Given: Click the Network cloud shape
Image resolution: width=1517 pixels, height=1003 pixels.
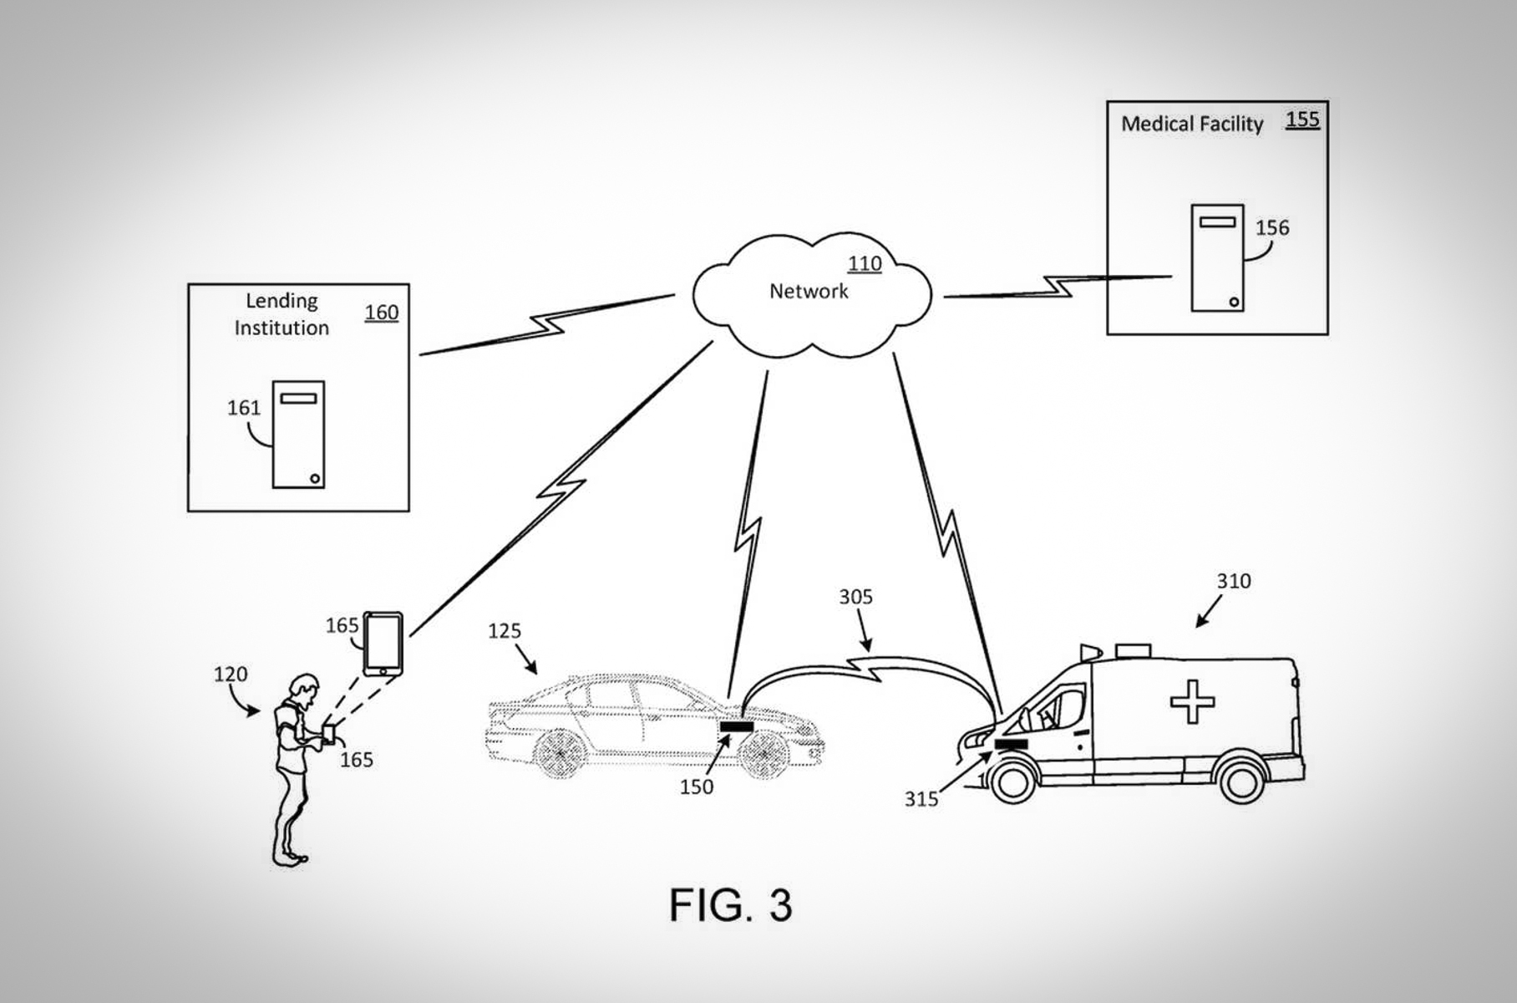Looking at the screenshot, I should [810, 293].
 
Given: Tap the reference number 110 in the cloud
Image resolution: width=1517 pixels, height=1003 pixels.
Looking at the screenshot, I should [865, 264].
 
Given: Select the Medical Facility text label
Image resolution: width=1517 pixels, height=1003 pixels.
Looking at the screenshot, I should [1191, 125].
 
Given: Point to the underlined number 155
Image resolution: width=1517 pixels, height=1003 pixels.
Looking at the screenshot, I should [1302, 120].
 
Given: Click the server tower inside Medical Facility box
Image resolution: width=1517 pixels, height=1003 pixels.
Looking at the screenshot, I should [1217, 257].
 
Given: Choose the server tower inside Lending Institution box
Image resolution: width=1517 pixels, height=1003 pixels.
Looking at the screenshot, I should [298, 435].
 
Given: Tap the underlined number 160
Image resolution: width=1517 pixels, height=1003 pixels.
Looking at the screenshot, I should [381, 313].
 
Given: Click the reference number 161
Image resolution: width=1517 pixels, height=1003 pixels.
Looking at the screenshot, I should [244, 408].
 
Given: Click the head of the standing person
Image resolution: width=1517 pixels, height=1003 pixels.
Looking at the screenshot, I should [303, 689].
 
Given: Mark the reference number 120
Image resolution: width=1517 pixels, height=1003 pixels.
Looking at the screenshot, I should [231, 675].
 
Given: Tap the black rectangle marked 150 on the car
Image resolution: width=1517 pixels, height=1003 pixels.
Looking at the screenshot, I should [737, 727].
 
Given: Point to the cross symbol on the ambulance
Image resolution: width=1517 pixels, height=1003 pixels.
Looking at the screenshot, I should [1192, 701].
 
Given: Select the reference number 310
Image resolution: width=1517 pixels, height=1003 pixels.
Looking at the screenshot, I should [1234, 582].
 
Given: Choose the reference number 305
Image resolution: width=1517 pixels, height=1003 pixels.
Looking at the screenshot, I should [855, 597].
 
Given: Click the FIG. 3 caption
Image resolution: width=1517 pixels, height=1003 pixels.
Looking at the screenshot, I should [730, 905].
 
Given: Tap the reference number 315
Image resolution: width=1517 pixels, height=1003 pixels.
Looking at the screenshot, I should [921, 800].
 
